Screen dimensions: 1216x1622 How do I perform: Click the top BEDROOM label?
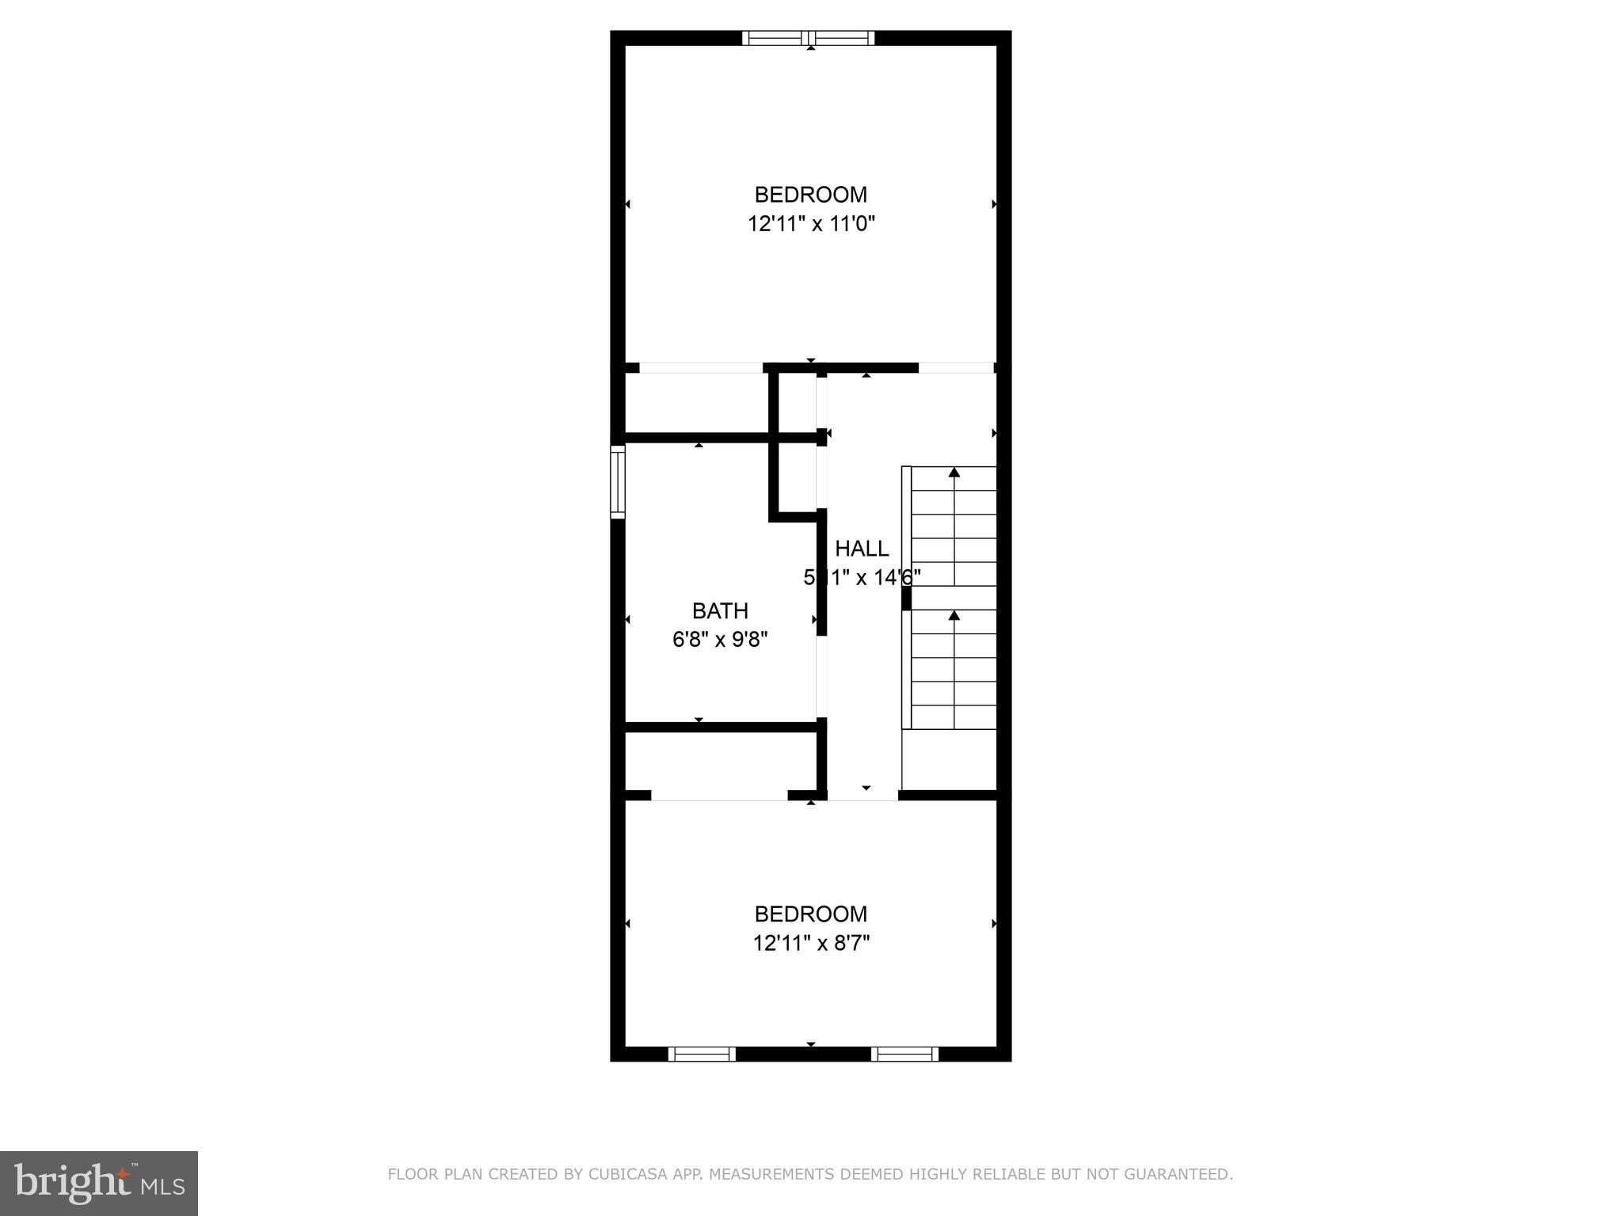click(x=810, y=195)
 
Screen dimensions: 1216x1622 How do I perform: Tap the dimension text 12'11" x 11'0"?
click(x=811, y=224)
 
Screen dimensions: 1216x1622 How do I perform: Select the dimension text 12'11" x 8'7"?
click(x=811, y=944)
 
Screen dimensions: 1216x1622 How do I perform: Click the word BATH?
click(x=720, y=611)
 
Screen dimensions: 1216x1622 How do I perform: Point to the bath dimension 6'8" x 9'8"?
click(x=720, y=640)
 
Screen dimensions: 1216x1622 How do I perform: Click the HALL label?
click(x=862, y=549)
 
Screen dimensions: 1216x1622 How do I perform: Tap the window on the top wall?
click(x=809, y=38)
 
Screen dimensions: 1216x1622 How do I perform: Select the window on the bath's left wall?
click(x=618, y=481)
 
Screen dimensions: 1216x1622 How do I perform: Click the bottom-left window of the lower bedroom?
click(x=702, y=1054)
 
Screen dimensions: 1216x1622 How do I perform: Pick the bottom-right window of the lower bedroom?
click(x=904, y=1054)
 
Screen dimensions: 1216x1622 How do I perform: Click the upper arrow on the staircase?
click(x=954, y=473)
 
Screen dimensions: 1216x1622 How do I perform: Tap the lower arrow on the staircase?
click(x=954, y=616)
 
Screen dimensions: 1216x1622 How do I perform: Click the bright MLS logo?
click(x=98, y=1183)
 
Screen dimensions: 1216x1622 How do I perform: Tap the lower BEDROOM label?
click(x=810, y=914)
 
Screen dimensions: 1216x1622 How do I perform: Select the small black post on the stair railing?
click(x=906, y=598)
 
